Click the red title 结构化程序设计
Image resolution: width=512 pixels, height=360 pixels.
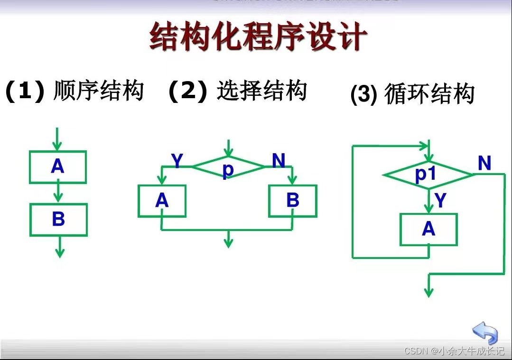click(258, 37)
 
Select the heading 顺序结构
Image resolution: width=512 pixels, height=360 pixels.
click(99, 91)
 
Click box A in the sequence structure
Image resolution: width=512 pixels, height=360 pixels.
click(58, 167)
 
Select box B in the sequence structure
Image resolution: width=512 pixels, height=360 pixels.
click(58, 220)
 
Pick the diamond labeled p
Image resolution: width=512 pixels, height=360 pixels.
click(228, 167)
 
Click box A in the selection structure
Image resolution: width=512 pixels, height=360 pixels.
click(162, 201)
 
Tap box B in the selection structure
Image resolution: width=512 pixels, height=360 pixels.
click(293, 201)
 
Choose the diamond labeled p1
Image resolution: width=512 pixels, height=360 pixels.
click(428, 175)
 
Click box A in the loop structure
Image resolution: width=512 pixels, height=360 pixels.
click(428, 230)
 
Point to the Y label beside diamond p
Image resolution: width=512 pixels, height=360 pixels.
click(177, 162)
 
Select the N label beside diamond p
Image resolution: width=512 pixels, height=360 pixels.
click(279, 161)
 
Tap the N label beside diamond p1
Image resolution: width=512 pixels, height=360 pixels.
click(484, 164)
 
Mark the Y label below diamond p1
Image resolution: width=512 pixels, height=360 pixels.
click(441, 201)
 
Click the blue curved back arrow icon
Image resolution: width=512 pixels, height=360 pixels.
click(484, 332)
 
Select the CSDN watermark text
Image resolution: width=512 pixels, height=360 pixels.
click(454, 351)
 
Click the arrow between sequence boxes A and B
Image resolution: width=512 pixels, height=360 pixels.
click(58, 193)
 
